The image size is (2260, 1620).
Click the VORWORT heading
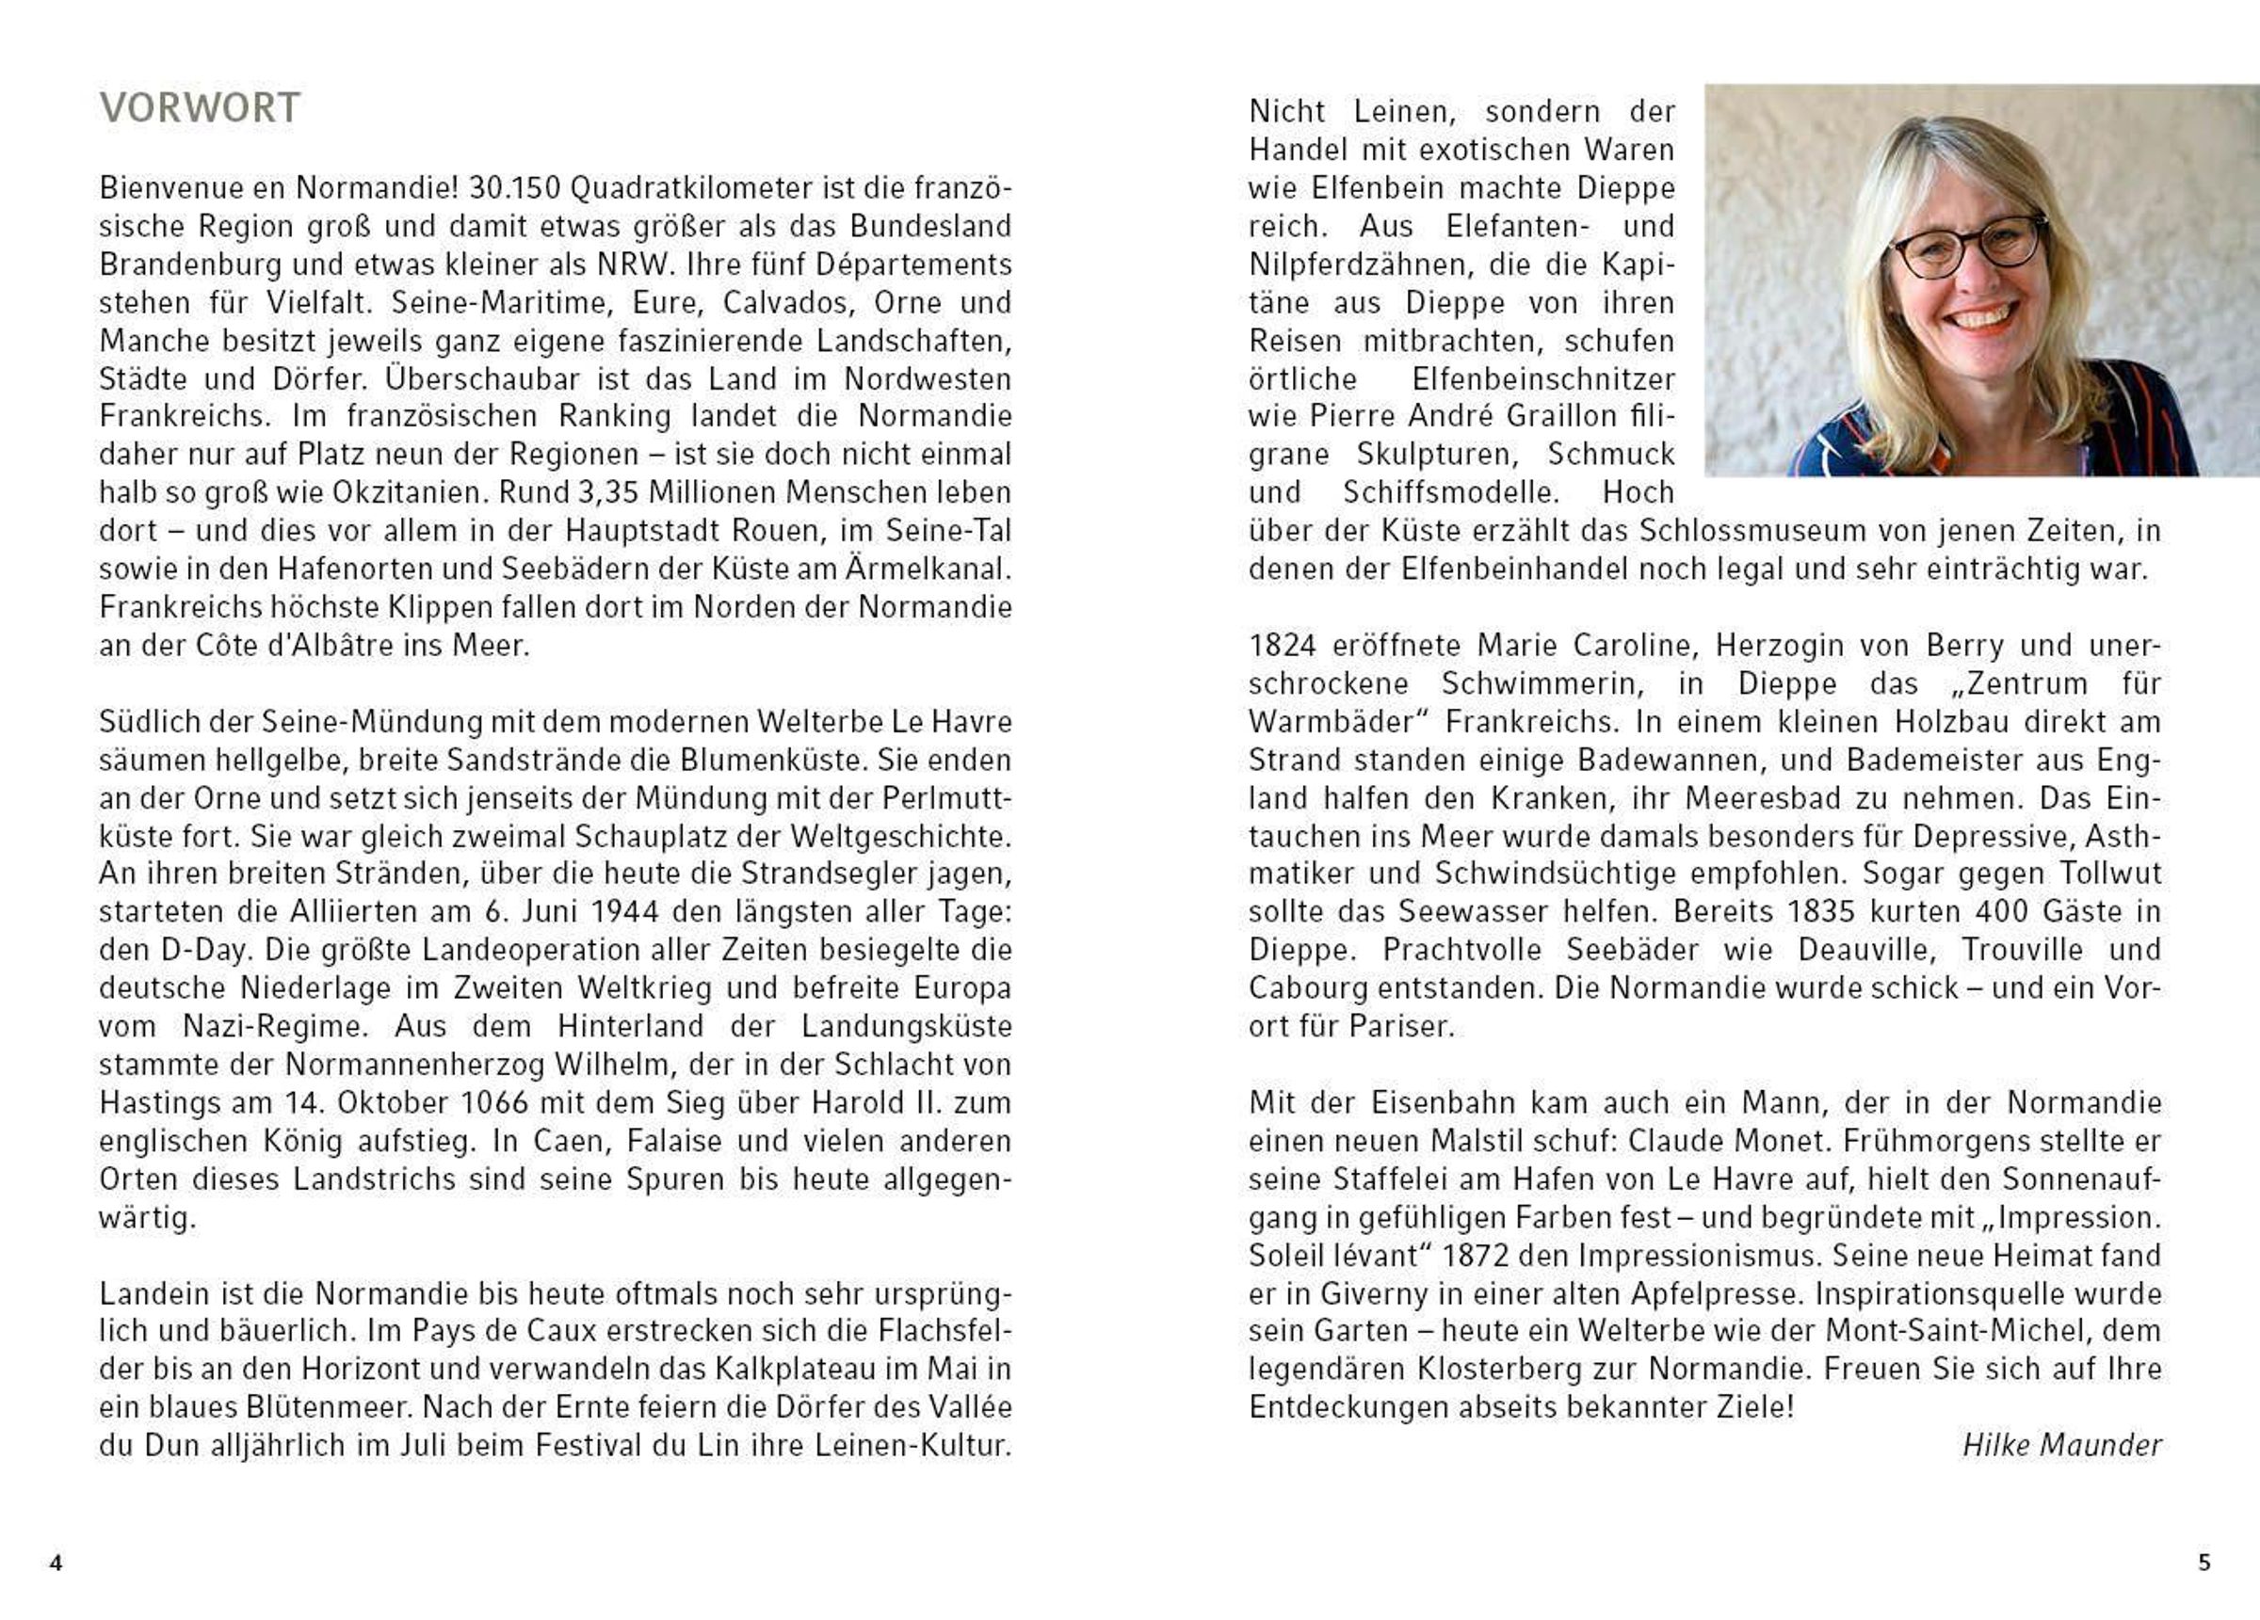pyautogui.click(x=200, y=107)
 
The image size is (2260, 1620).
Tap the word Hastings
pyautogui.click(x=159, y=1103)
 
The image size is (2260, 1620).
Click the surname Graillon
pyautogui.click(x=1557, y=416)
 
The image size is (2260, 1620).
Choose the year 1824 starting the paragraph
pyautogui.click(x=1283, y=646)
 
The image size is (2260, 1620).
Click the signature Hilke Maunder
pyautogui.click(x=2060, y=1446)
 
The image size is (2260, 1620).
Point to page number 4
pyautogui.click(x=56, y=1564)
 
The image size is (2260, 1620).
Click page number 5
pyautogui.click(x=2204, y=1564)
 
